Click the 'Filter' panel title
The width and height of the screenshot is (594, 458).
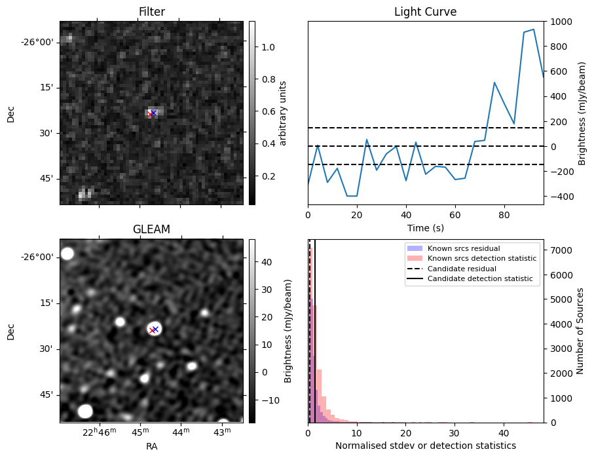pos(151,12)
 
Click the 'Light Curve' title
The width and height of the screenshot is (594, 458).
pos(425,12)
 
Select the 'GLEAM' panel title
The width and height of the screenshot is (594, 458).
pos(151,229)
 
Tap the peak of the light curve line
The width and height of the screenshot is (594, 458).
pos(534,29)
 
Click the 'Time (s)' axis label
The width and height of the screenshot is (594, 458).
pos(425,227)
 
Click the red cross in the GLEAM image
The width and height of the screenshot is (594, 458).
pos(152,330)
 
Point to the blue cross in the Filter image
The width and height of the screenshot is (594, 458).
pos(154,113)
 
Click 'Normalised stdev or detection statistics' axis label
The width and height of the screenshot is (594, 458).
pos(425,446)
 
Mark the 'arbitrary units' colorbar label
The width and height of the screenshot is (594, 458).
pos(283,113)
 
